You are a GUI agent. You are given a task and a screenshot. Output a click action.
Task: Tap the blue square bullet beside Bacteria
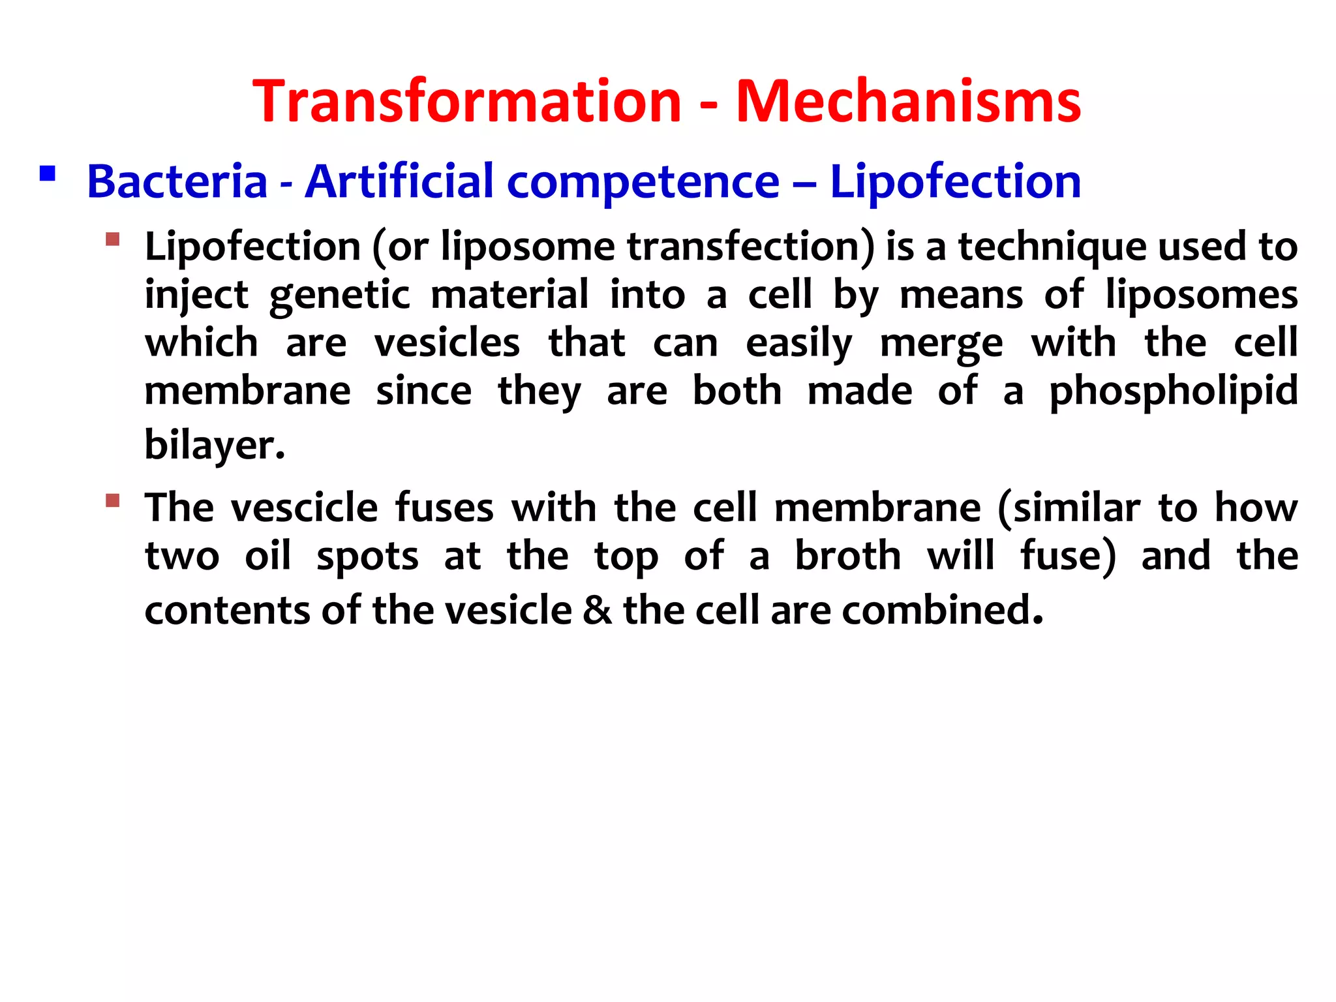47,174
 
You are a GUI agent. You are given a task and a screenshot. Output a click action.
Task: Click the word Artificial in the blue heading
399,181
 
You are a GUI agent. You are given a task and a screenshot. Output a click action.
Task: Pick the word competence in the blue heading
643,181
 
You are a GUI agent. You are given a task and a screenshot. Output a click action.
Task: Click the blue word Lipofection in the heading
955,181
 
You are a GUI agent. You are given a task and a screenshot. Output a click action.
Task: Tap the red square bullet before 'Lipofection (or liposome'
112,239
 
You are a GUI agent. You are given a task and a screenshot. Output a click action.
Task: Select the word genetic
339,295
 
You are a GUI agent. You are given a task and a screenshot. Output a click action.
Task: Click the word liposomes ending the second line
1201,295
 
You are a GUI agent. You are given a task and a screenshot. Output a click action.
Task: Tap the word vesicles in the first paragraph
447,343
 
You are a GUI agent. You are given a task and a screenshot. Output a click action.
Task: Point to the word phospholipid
1173,391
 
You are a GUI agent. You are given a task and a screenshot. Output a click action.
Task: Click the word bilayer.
214,445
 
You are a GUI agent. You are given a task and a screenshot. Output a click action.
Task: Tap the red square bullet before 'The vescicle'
112,500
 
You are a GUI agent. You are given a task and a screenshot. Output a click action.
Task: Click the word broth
847,556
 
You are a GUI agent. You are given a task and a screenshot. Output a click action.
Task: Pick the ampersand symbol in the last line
598,611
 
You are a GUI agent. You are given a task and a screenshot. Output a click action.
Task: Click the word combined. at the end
942,611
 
